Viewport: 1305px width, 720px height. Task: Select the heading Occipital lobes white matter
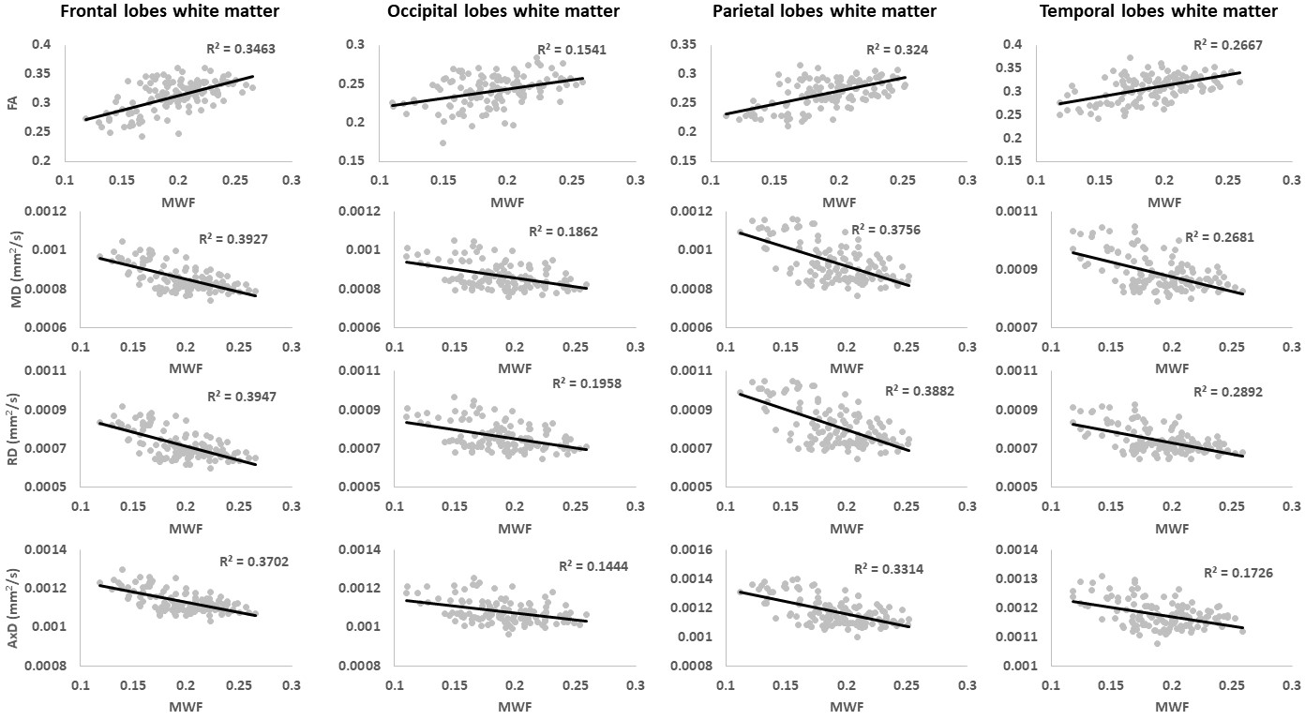503,11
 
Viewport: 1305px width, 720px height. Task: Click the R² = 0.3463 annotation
241,48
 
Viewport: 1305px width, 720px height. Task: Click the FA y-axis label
14,103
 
